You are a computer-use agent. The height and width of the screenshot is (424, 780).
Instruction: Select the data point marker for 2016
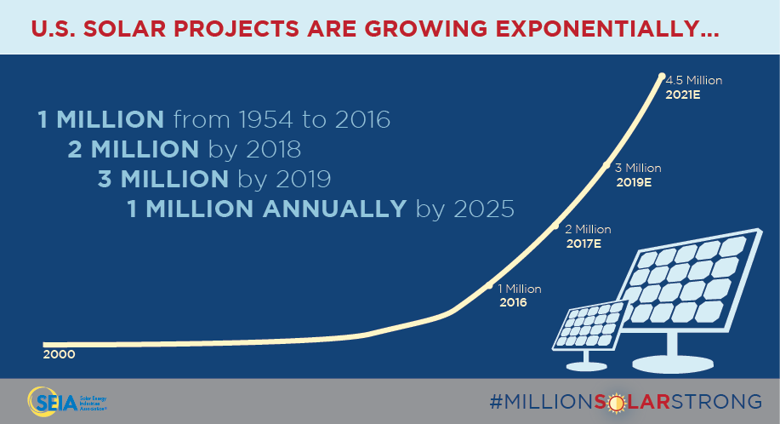coord(488,287)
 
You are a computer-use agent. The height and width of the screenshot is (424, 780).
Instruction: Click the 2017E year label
coord(584,244)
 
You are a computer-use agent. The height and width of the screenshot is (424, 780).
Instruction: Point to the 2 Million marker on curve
coord(556,226)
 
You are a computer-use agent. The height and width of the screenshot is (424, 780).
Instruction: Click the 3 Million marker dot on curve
coord(606,165)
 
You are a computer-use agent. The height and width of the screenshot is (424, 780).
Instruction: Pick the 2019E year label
coord(633,182)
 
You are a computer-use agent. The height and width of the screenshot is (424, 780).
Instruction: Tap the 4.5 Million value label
coord(694,81)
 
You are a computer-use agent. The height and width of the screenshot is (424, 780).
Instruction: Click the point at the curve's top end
coord(661,77)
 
